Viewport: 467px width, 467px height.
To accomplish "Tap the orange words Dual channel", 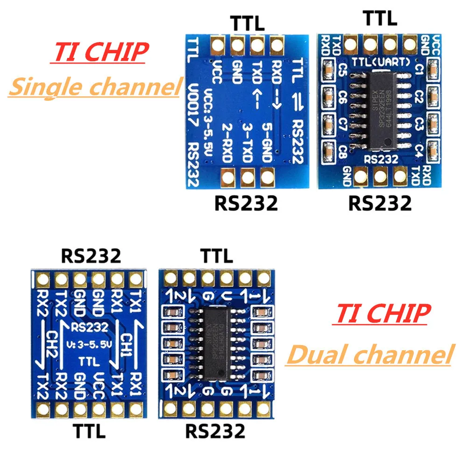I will [370, 354].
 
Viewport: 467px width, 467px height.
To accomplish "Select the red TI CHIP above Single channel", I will [99, 52].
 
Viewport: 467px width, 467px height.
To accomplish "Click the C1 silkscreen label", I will [419, 71].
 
